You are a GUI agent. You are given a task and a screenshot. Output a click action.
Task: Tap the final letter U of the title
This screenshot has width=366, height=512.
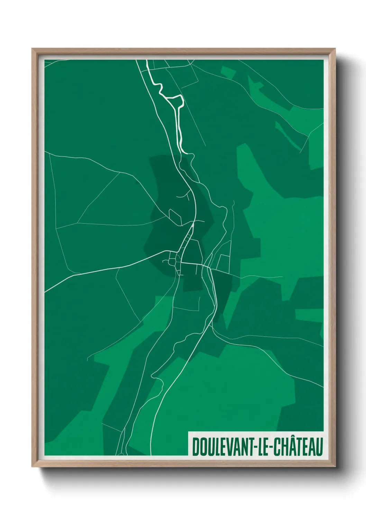tap(319, 447)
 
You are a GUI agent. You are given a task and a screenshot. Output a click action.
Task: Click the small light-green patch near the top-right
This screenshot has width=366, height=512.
tap(228, 72)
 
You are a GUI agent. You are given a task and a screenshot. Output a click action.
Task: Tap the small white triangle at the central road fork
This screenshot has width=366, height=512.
tap(193, 225)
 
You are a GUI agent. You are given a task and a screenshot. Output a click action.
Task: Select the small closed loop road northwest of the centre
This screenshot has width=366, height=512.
tap(174, 216)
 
